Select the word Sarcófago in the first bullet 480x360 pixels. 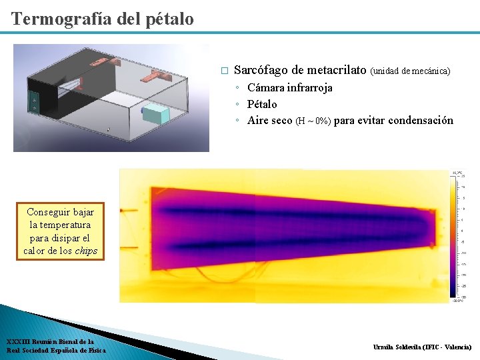click(x=262, y=70)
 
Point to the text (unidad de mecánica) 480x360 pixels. click(x=410, y=71)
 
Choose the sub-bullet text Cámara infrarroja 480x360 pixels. click(x=289, y=87)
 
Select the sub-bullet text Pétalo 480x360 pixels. click(x=262, y=104)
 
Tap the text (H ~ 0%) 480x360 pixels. click(x=313, y=121)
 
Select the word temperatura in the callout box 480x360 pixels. click(x=61, y=225)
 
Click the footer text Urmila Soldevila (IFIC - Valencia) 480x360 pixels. click(x=422, y=347)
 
